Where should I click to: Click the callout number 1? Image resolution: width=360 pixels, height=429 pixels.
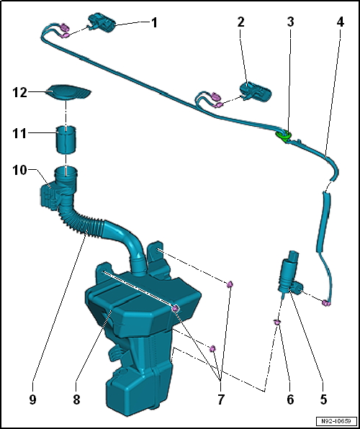153,22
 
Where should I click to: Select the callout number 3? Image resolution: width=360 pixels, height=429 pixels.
290,22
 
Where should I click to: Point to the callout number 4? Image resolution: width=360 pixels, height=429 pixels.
340,22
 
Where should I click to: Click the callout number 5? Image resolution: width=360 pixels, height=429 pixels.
324,397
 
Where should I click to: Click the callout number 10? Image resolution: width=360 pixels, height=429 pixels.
20,170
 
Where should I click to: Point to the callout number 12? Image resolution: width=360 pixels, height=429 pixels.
20,92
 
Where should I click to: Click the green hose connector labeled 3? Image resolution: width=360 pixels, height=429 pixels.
284,134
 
